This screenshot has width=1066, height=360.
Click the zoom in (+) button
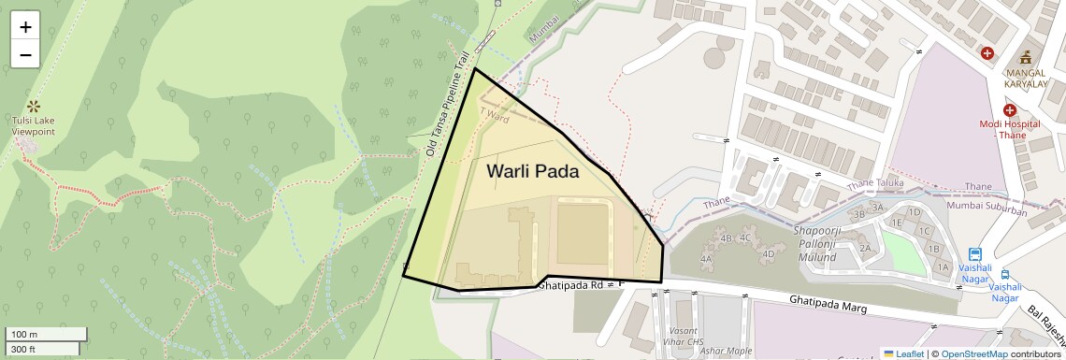click(x=25, y=27)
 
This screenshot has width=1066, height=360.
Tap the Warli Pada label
click(x=532, y=172)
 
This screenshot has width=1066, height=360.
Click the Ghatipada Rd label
click(x=570, y=284)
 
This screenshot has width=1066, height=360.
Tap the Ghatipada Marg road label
click(x=828, y=304)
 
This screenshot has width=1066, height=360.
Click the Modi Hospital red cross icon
click(x=1010, y=110)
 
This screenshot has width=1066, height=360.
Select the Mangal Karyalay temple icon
click(x=1025, y=56)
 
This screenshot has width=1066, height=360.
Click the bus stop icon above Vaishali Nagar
click(x=975, y=253)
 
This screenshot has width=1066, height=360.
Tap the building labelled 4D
click(x=769, y=253)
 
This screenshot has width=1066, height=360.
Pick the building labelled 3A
click(x=877, y=208)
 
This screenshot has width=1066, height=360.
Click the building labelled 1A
click(x=943, y=267)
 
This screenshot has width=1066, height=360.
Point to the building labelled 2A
click(x=865, y=248)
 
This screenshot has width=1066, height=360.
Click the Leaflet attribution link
click(x=903, y=353)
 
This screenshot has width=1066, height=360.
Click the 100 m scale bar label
click(x=22, y=334)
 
